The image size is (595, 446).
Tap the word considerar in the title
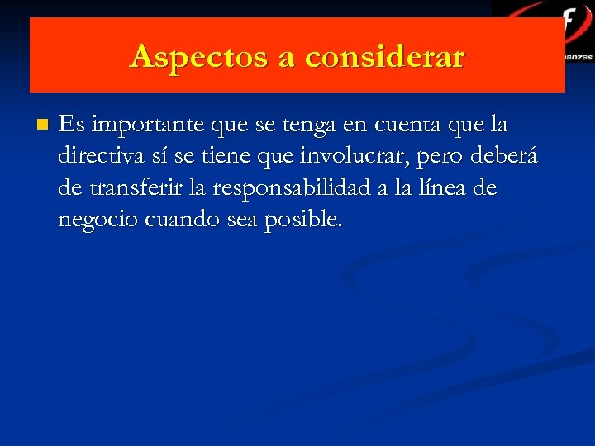[385, 56]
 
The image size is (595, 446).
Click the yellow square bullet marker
[43, 126]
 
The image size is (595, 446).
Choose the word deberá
[506, 157]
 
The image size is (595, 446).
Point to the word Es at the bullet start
[72, 126]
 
